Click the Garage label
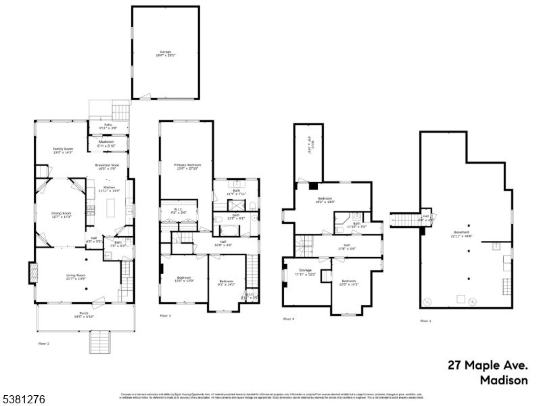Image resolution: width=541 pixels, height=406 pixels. (166, 52)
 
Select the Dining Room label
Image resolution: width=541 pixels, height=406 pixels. (62, 213)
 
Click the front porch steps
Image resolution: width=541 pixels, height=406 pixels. (99, 342)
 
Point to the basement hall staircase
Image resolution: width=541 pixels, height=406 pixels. (405, 220)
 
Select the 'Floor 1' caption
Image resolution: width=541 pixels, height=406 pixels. (426, 320)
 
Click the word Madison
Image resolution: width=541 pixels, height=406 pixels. (503, 380)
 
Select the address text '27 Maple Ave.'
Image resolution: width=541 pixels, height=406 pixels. (487, 365)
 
